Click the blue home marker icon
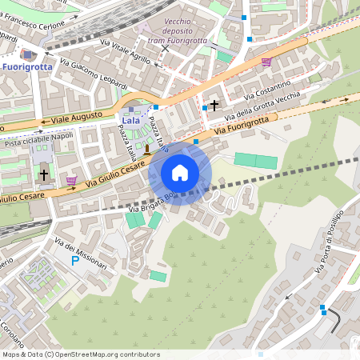pos(180,172)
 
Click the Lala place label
pos(130,120)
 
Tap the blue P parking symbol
pos(75,261)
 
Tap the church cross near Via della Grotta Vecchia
pos(214,105)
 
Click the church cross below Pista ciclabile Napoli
pos(43,174)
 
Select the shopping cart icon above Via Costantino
pos(266,62)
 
